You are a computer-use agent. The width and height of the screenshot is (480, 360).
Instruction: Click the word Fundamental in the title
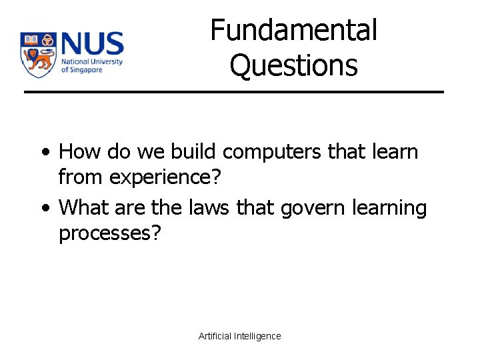coord(294,31)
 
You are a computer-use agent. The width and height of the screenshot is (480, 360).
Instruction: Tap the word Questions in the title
coord(294,65)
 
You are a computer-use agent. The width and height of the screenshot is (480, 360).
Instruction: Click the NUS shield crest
coord(37,55)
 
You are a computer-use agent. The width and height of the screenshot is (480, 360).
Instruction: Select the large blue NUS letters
coord(92,45)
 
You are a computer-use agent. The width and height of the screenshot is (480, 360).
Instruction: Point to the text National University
coord(91,62)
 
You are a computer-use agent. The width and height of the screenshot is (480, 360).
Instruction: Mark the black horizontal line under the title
coord(234,91)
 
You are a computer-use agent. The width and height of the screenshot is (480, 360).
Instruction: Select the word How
coord(77,152)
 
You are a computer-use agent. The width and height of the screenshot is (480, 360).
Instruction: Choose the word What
coord(83,208)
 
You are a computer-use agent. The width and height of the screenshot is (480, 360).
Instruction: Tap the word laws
coord(205,208)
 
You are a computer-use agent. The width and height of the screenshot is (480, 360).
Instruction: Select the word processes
coord(110,235)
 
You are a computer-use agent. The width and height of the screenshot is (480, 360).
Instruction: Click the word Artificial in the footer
coord(215,336)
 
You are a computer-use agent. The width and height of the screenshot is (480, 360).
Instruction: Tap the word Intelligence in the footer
coord(257,336)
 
